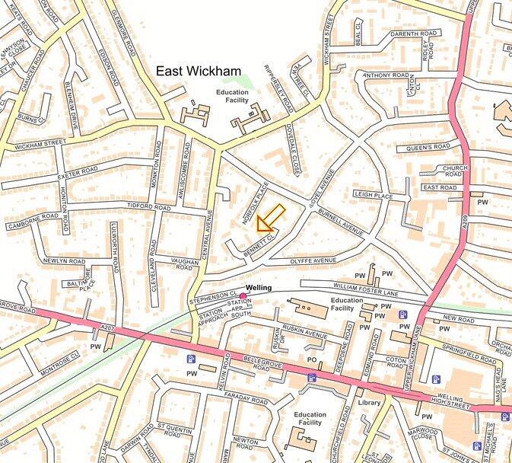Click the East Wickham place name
[199, 71]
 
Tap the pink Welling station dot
[243, 296]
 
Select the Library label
[369, 403]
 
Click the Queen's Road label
[428, 147]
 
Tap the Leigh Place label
[373, 195]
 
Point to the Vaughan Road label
[186, 264]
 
